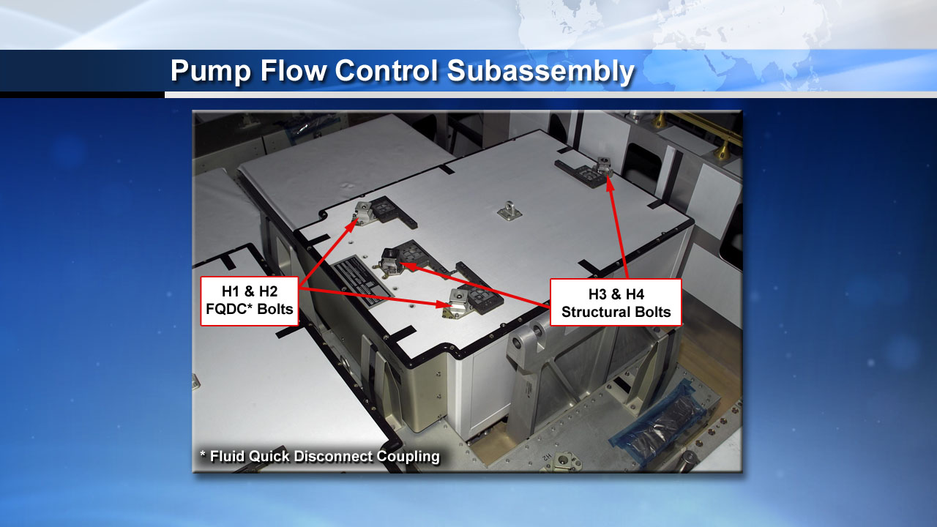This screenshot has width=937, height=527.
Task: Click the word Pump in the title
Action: tap(210, 71)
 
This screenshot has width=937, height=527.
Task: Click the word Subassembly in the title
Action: tap(540, 71)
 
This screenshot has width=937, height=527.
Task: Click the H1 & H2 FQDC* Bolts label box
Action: tap(250, 301)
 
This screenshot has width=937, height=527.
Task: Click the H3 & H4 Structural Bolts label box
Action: tap(616, 302)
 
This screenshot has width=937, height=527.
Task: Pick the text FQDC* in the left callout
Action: tap(228, 309)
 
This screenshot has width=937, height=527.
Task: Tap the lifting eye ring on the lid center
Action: tap(509, 210)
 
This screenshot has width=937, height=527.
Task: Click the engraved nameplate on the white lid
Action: tap(363, 280)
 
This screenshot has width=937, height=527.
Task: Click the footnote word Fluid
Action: tap(228, 456)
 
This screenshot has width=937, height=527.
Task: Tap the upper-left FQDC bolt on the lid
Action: tap(365, 212)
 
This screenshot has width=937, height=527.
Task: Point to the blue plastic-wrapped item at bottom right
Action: tap(657, 420)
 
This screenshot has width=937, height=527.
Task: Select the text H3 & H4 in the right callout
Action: tap(616, 294)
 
